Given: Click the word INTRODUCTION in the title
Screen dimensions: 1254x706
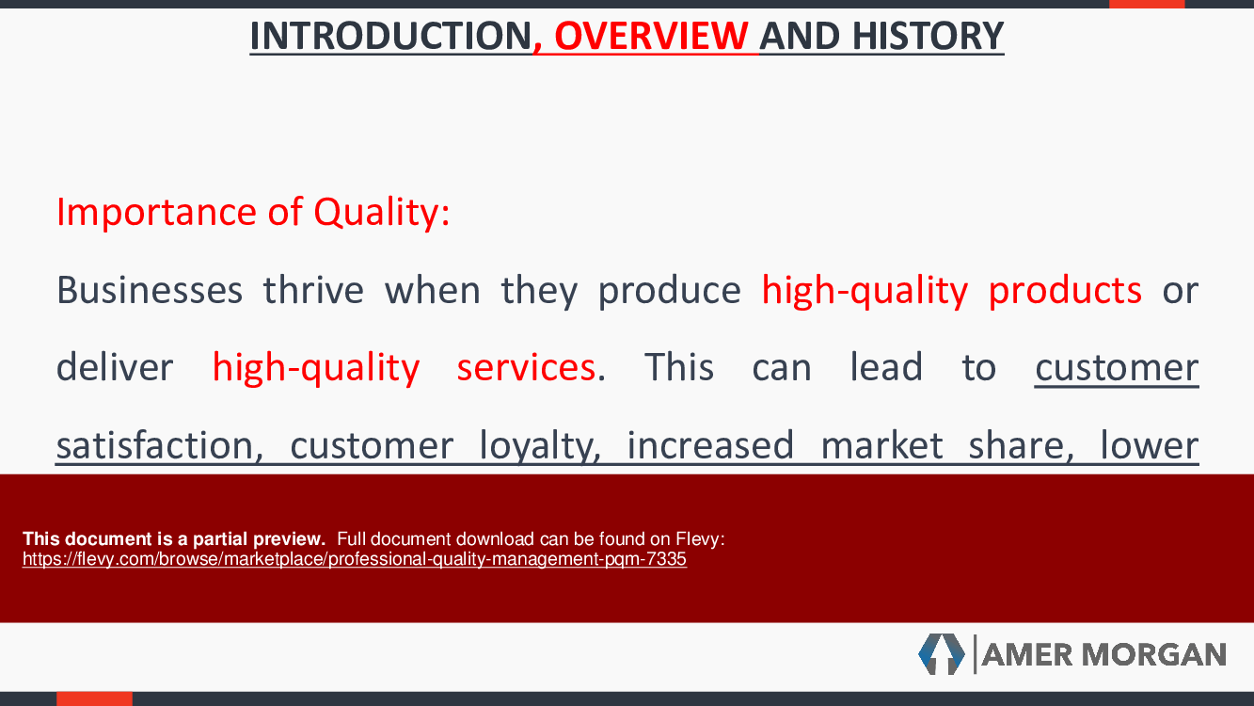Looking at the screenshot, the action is [x=390, y=36].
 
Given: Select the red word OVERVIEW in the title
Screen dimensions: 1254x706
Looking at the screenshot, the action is [x=651, y=36].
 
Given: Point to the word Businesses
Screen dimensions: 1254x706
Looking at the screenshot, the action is [x=150, y=290].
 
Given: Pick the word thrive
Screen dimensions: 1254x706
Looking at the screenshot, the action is [x=313, y=290].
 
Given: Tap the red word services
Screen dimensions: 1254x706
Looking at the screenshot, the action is [x=526, y=368].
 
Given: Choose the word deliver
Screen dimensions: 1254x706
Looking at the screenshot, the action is [x=115, y=367].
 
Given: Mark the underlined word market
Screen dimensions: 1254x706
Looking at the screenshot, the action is [x=881, y=445].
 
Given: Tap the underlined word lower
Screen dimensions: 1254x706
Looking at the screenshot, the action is [x=1150, y=445].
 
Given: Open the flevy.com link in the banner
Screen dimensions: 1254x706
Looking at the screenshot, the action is [x=355, y=559].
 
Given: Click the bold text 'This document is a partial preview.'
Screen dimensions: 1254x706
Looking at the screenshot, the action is [x=174, y=539].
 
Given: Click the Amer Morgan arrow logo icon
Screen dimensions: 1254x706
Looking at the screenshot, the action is [x=942, y=654].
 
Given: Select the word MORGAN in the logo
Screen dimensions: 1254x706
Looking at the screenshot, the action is [x=1153, y=655].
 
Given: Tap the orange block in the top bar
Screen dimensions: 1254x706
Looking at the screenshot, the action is [x=1147, y=4].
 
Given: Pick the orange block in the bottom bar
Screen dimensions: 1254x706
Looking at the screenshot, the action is [x=95, y=698].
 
